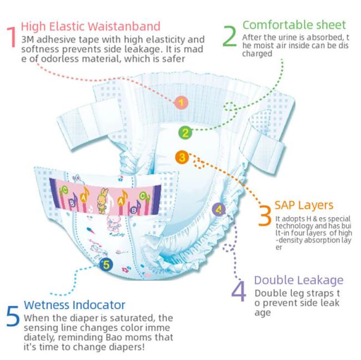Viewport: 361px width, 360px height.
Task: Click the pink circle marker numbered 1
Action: coord(181,102)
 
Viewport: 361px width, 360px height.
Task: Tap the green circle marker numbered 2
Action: coord(185,133)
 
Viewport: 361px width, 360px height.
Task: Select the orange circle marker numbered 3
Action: coord(182,158)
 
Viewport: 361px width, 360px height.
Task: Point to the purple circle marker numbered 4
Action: coord(219,209)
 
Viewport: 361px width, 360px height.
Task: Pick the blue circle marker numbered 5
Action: coord(106,264)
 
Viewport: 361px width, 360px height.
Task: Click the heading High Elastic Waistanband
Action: coord(91,26)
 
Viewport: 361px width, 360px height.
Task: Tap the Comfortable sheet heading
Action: coord(294,25)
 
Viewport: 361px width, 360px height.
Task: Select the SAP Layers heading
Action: coord(304,205)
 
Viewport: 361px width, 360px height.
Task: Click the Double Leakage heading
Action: coord(299,281)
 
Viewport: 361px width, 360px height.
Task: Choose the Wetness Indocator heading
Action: coord(74,305)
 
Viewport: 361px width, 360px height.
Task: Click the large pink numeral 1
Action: coord(12,37)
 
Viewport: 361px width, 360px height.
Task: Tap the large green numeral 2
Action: coord(229,36)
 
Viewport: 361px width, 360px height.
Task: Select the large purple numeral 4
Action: coord(238,291)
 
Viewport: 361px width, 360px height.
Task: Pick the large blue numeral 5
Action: coord(13,316)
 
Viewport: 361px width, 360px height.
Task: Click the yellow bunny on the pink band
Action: coord(102,200)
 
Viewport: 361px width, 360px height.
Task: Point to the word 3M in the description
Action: coord(28,39)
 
